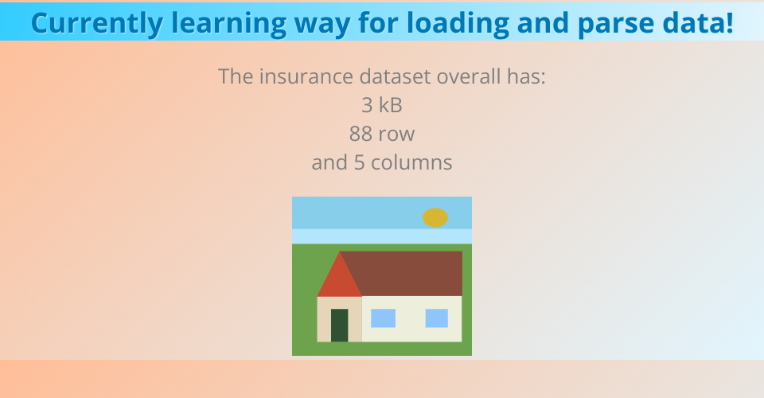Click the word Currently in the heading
click(97, 23)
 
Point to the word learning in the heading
click(229, 23)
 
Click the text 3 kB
click(382, 105)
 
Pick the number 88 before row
click(361, 134)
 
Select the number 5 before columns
click(360, 162)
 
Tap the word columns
click(411, 162)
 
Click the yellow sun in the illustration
click(435, 218)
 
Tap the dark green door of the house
click(340, 326)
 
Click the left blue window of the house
click(383, 318)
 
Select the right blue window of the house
click(437, 318)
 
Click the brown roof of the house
click(407, 273)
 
